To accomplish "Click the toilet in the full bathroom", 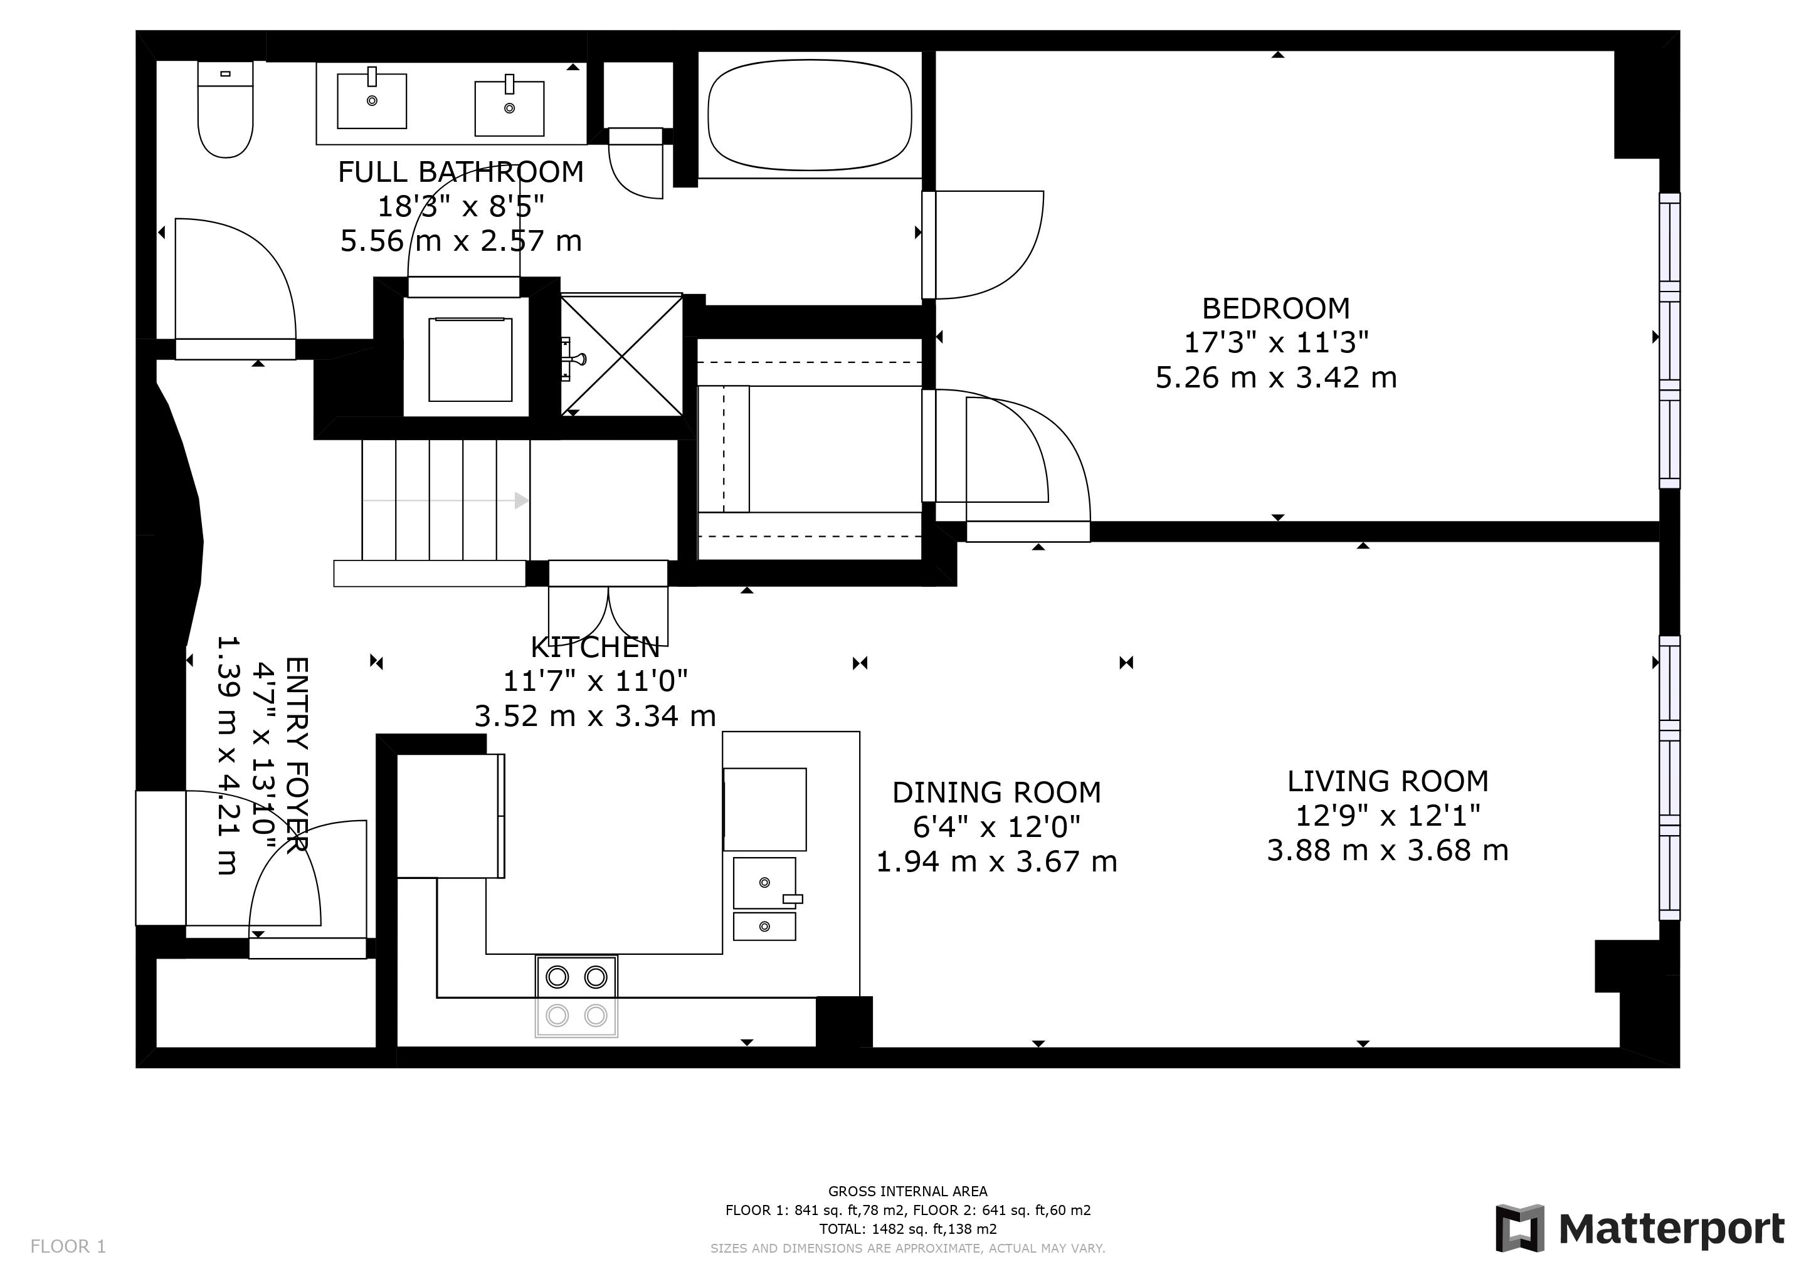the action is coord(225,109).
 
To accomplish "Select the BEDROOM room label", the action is coord(1276,308).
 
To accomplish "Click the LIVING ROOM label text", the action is coord(1387,781).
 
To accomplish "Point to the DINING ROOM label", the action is coord(996,792).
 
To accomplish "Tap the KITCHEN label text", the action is coord(595,648).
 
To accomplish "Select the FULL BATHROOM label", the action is coord(461,172).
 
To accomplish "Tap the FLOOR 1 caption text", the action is coord(68,1247).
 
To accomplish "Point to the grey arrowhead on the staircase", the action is coord(522,500).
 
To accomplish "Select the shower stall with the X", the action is coord(621,354).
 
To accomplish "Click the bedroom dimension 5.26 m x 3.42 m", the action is coord(1276,377).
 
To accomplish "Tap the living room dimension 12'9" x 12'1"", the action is coord(1387,815).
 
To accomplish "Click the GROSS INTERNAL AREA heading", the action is coord(907,1191).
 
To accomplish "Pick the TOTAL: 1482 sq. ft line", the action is coord(907,1229).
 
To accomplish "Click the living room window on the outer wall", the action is coord(1669,778).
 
